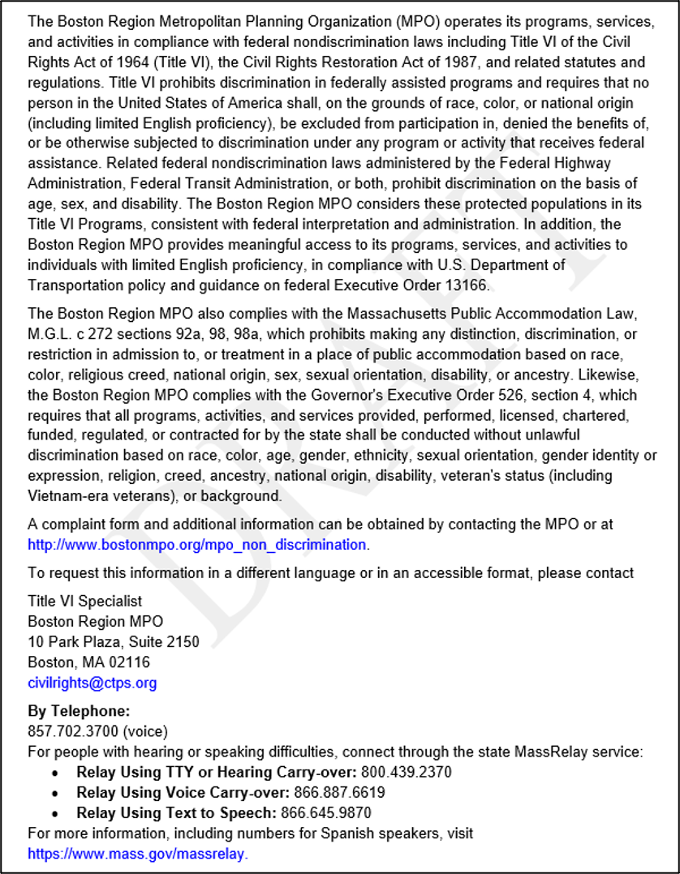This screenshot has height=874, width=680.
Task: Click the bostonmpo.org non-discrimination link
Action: [x=197, y=545]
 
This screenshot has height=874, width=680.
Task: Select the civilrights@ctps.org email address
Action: [x=93, y=683]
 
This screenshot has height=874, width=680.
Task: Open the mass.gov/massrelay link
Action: [x=138, y=854]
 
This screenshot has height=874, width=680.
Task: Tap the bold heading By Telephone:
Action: [x=73, y=711]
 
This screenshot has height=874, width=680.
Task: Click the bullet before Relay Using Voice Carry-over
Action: [x=55, y=793]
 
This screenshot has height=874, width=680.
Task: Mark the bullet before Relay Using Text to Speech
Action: [x=55, y=813]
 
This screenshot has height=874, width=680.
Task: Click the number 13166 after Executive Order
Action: [x=469, y=285]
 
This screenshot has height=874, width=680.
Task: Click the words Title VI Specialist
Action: [x=84, y=601]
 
